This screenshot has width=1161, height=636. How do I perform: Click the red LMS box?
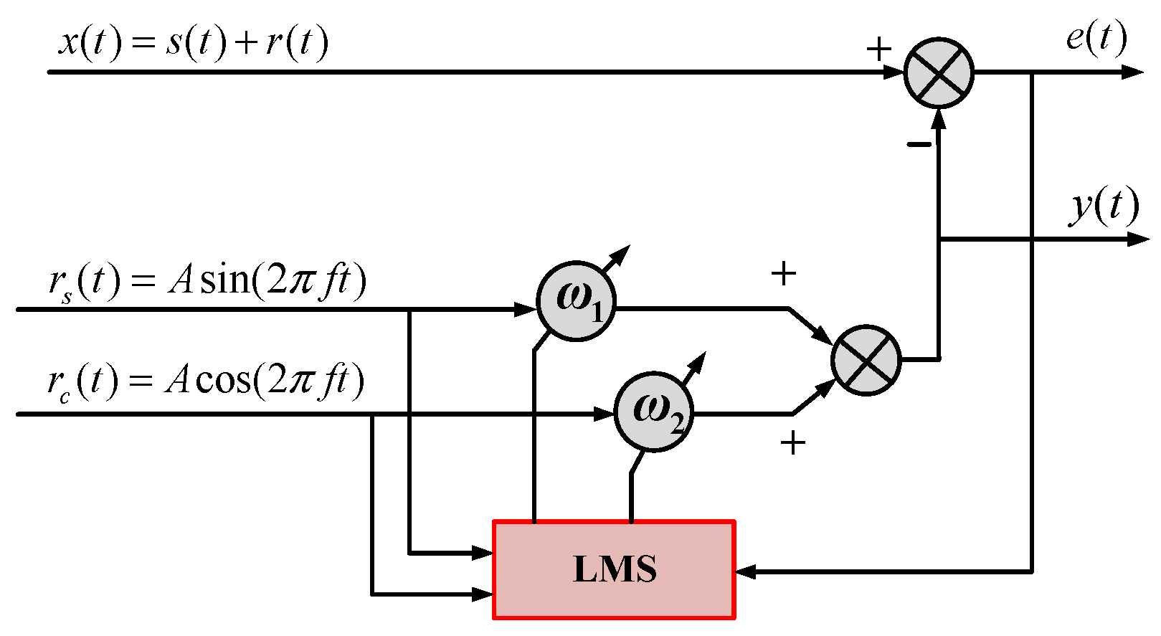tap(615, 569)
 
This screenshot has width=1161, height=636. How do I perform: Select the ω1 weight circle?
tap(576, 301)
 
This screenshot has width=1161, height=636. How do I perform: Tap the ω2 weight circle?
tap(653, 412)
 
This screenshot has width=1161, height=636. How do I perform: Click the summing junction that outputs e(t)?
tap(939, 72)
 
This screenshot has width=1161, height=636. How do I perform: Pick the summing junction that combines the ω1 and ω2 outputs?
tap(866, 360)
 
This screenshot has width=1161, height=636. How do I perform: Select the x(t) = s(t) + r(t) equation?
tap(194, 42)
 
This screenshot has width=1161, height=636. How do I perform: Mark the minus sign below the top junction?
tap(919, 146)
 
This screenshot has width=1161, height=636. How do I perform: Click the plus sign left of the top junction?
tap(878, 49)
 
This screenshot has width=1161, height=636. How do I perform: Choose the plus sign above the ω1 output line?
tap(783, 273)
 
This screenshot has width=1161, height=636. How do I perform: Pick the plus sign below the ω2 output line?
tap(792, 443)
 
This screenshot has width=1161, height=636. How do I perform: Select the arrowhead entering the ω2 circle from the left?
tap(606, 414)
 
